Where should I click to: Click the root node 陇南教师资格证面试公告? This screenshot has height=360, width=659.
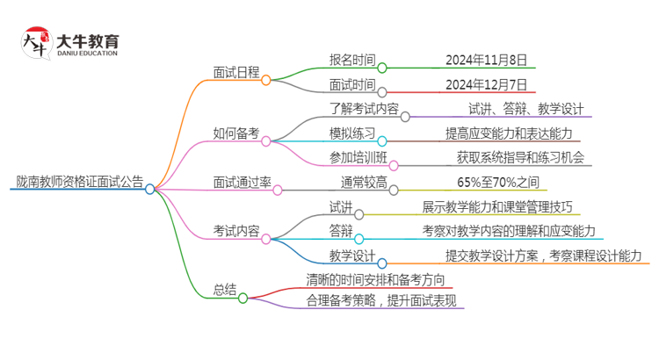point(79,183)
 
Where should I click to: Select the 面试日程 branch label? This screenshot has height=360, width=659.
point(236,73)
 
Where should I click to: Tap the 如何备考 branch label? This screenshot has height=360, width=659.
point(236,134)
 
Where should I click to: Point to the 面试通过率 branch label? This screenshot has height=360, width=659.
point(242,183)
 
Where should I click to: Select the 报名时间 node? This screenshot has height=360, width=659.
point(351,61)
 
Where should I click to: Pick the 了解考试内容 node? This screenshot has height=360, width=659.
point(351,110)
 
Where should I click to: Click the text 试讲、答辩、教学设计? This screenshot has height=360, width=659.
point(526,110)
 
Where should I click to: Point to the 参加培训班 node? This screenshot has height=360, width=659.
point(351,158)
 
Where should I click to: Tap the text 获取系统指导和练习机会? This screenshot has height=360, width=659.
point(520,158)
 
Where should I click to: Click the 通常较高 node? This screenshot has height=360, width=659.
point(364,183)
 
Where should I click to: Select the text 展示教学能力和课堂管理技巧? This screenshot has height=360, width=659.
point(509,207)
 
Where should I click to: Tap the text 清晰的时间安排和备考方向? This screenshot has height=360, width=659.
point(374,280)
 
